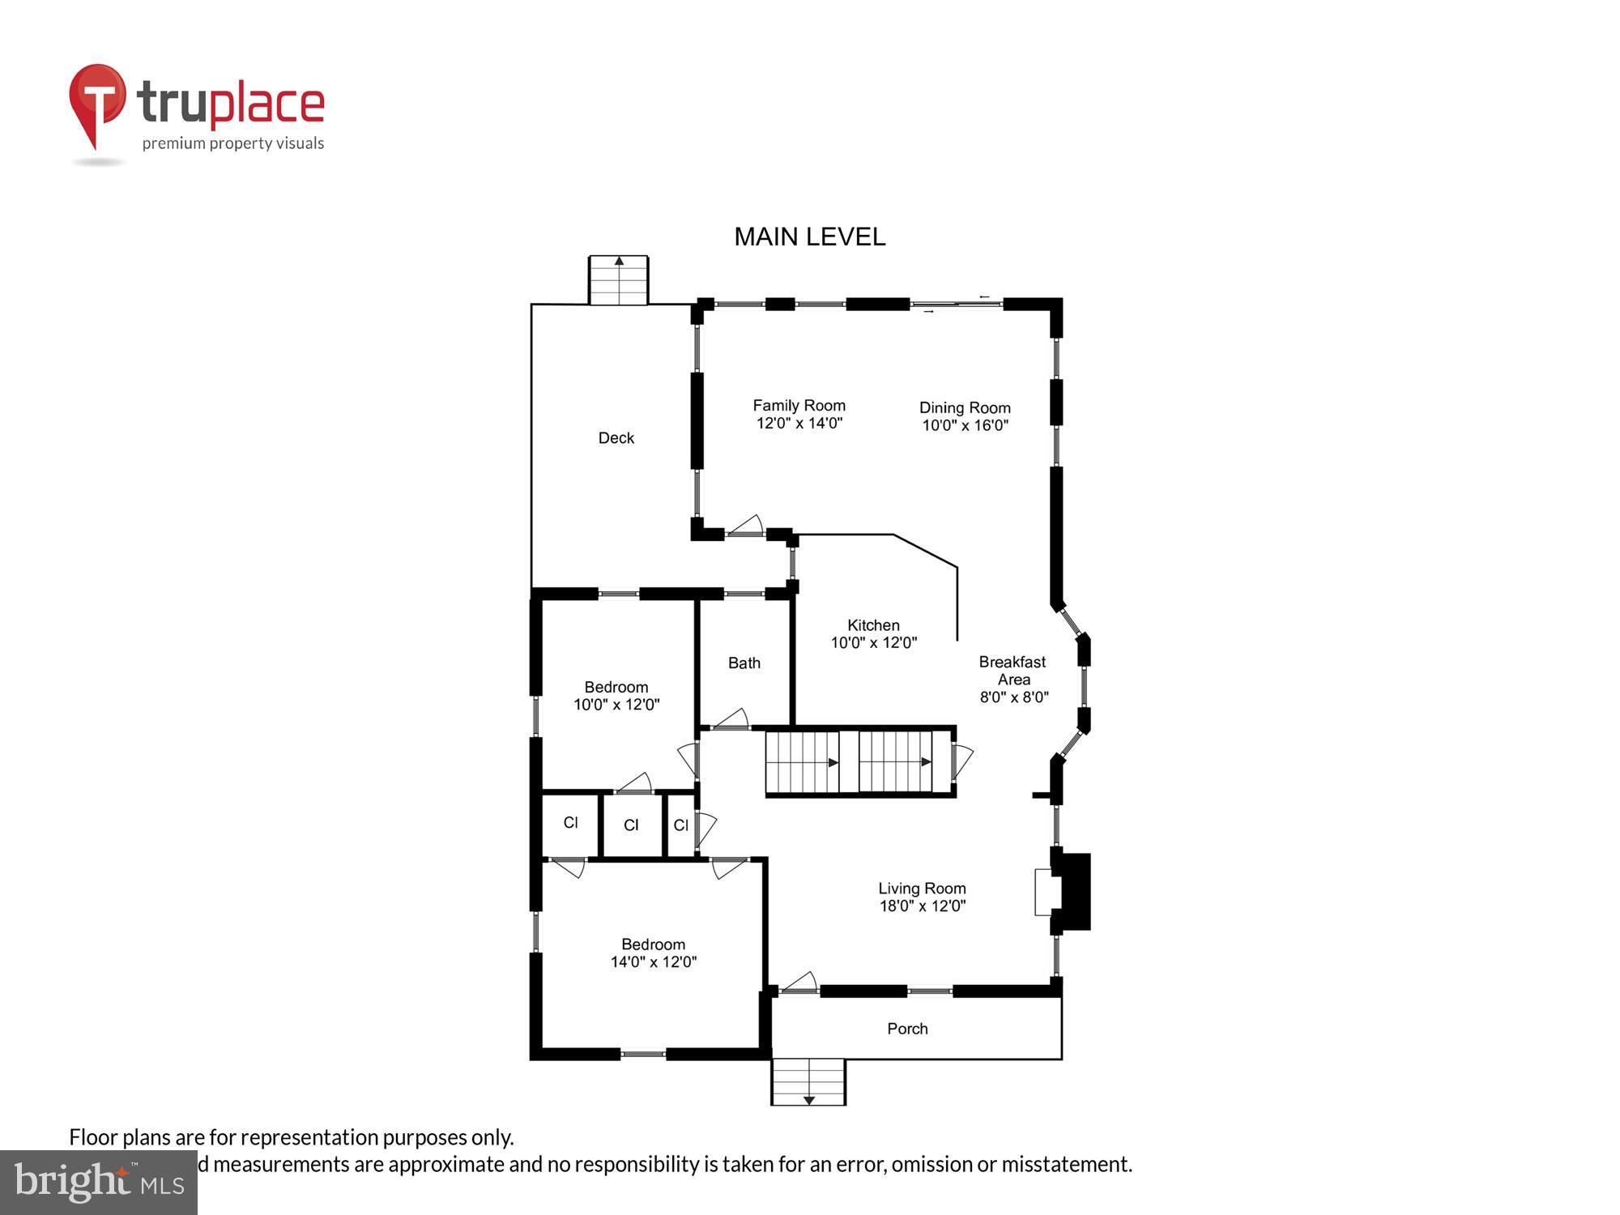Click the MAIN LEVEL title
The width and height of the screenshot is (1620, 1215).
pos(809,237)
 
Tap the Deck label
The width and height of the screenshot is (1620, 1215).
pos(616,438)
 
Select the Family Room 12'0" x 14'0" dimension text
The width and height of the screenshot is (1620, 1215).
pos(799,423)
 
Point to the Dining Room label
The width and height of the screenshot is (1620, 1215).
pos(964,407)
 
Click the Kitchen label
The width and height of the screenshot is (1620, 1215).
pos(872,625)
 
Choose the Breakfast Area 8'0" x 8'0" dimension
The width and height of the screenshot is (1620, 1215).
pos(1013,697)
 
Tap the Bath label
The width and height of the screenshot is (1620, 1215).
pos(744,663)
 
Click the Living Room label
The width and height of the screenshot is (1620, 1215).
pos(922,889)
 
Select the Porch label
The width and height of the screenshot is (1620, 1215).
pos(907,1029)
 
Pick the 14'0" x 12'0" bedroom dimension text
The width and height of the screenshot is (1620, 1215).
pos(653,962)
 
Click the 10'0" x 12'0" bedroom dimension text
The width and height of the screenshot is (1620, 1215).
pos(616,705)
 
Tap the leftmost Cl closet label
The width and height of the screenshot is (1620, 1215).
pos(570,823)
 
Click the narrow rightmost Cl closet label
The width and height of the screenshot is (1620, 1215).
pos(680,825)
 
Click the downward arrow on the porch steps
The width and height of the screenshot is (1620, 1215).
pos(808,1099)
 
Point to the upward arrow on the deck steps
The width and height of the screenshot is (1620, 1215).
pos(619,262)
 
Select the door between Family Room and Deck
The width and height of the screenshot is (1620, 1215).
pos(745,527)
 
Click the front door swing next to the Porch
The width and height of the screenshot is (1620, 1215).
pos(799,983)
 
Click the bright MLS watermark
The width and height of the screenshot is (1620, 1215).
pos(99,1183)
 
